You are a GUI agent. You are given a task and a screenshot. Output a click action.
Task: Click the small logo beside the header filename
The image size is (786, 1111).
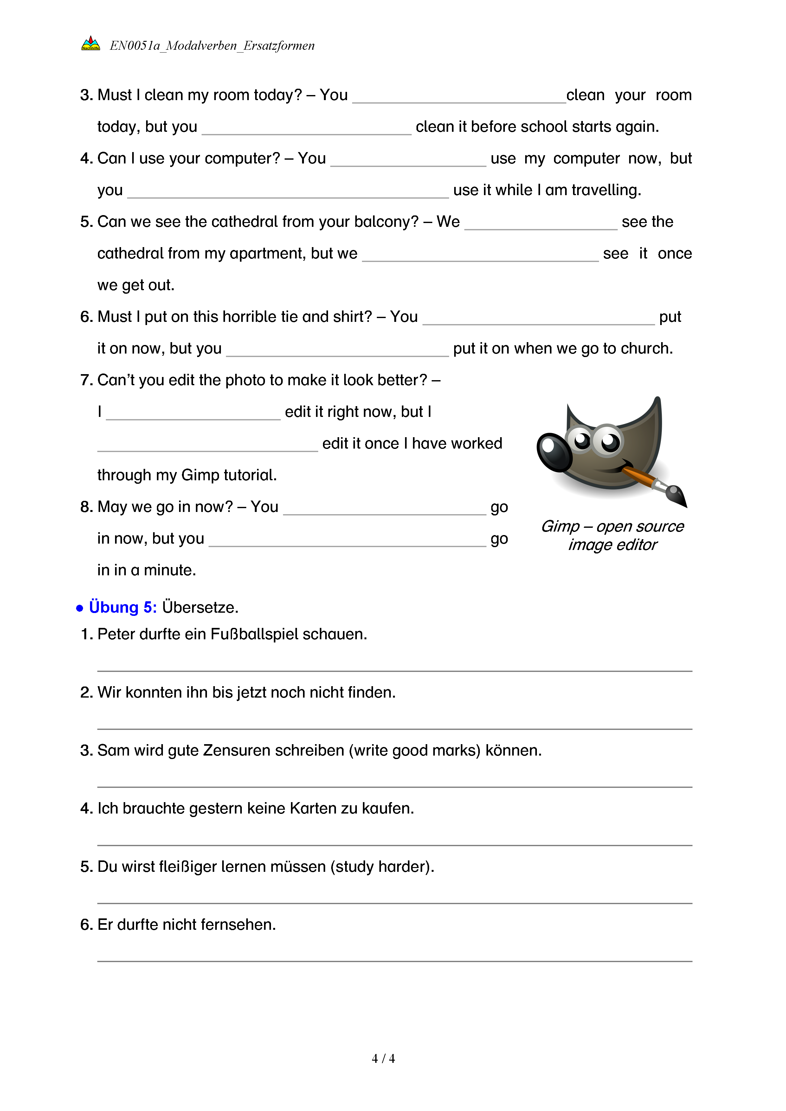click(x=91, y=44)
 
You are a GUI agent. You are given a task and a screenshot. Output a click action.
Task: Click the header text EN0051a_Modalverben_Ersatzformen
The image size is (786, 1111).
click(x=212, y=46)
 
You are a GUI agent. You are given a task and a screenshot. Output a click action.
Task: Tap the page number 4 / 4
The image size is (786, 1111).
click(x=383, y=1058)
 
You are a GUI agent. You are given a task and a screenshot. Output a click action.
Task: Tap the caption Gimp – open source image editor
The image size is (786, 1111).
click(x=612, y=535)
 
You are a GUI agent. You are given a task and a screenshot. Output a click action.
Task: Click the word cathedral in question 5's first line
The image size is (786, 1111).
click(x=244, y=222)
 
